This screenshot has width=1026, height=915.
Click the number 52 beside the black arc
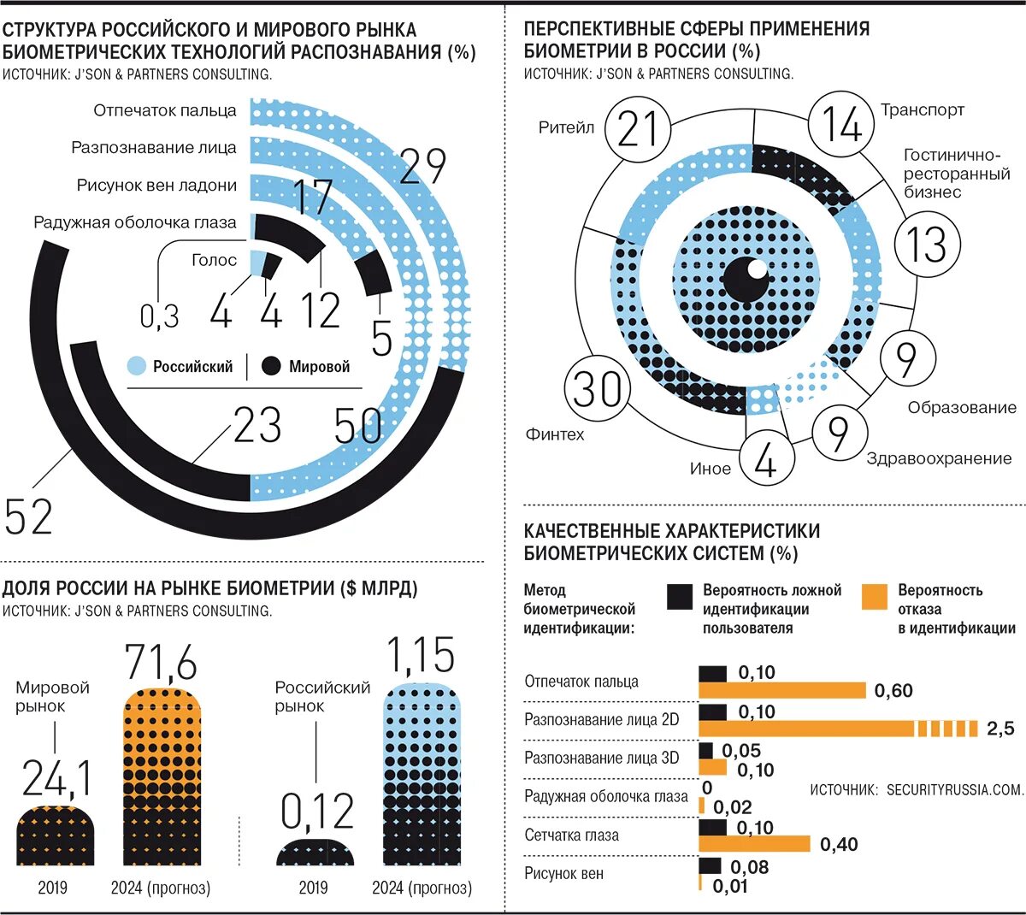[28, 517]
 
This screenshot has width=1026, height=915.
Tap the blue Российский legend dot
[137, 366]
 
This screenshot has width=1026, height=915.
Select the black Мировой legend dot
[271, 366]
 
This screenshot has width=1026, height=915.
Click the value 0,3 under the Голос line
[160, 316]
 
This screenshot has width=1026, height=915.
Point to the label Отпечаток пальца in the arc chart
[165, 110]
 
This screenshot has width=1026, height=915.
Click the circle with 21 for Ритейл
[638, 129]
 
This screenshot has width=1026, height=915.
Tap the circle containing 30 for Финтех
[598, 389]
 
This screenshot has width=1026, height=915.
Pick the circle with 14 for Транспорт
[841, 125]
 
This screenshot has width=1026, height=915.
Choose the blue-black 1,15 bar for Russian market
[422, 778]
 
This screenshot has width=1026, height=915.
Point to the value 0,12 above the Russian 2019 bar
[317, 811]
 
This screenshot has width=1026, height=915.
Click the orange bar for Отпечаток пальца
[782, 690]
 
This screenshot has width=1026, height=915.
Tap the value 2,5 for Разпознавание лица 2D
[999, 729]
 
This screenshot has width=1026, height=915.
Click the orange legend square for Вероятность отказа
[874, 597]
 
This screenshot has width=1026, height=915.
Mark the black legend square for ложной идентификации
[680, 597]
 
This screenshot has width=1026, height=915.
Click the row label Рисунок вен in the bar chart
[563, 874]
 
